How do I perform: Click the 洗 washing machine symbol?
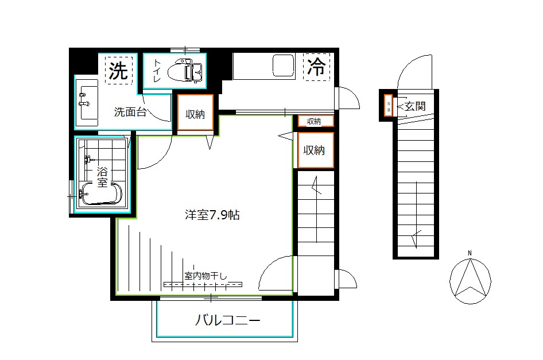(x=119, y=71)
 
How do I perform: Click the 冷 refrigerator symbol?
(x=316, y=68)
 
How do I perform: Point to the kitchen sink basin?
(x=284, y=65)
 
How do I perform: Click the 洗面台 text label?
(x=130, y=112)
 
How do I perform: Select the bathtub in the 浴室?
(x=100, y=194)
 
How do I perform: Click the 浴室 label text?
(x=102, y=176)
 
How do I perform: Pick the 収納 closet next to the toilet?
(x=195, y=114)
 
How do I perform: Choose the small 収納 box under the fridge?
(x=313, y=121)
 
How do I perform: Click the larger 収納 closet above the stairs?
(x=315, y=150)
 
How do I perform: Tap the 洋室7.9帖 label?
(x=212, y=215)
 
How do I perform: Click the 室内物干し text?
(x=205, y=276)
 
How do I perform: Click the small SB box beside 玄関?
(x=388, y=106)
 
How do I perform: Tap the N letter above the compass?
(x=470, y=253)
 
